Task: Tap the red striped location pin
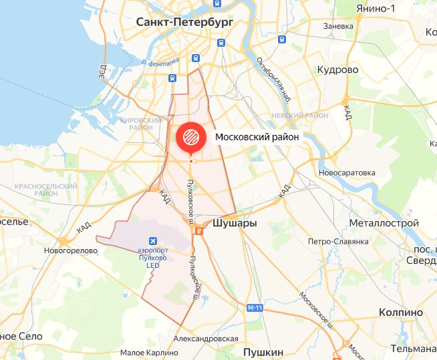(x=190, y=136)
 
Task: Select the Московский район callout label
(x=257, y=136)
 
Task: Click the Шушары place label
(x=234, y=224)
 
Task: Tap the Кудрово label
(x=338, y=69)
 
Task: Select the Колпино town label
(x=400, y=312)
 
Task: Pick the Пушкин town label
(x=263, y=351)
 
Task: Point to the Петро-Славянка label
(x=338, y=241)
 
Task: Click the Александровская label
(x=206, y=339)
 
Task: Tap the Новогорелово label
(x=71, y=250)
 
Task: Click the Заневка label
(x=337, y=27)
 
